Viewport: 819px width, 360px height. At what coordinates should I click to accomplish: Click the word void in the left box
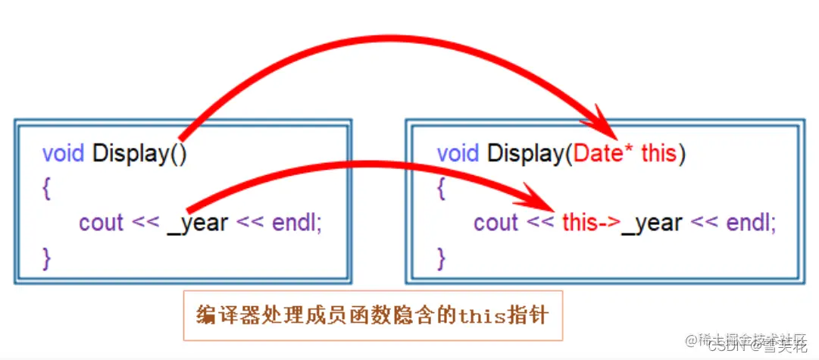tap(64, 153)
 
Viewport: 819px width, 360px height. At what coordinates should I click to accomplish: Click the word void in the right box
tap(458, 153)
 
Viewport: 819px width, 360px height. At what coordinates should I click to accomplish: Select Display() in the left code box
tap(139, 154)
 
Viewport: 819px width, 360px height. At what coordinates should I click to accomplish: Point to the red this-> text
tap(591, 223)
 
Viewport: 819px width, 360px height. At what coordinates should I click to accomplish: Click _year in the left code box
tap(197, 223)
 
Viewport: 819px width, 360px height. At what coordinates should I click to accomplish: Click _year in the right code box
tap(652, 223)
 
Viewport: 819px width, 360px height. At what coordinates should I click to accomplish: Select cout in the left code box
tap(101, 223)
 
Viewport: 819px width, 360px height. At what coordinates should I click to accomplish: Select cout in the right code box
tap(495, 223)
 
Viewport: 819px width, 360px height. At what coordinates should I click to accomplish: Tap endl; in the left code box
tap(295, 223)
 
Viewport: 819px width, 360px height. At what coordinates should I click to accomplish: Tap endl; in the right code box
tap(751, 223)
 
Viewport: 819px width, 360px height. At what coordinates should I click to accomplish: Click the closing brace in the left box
tap(47, 258)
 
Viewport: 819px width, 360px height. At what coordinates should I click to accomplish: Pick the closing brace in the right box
tap(442, 258)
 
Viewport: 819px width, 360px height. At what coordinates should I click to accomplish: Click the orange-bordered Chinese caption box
tap(373, 315)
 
